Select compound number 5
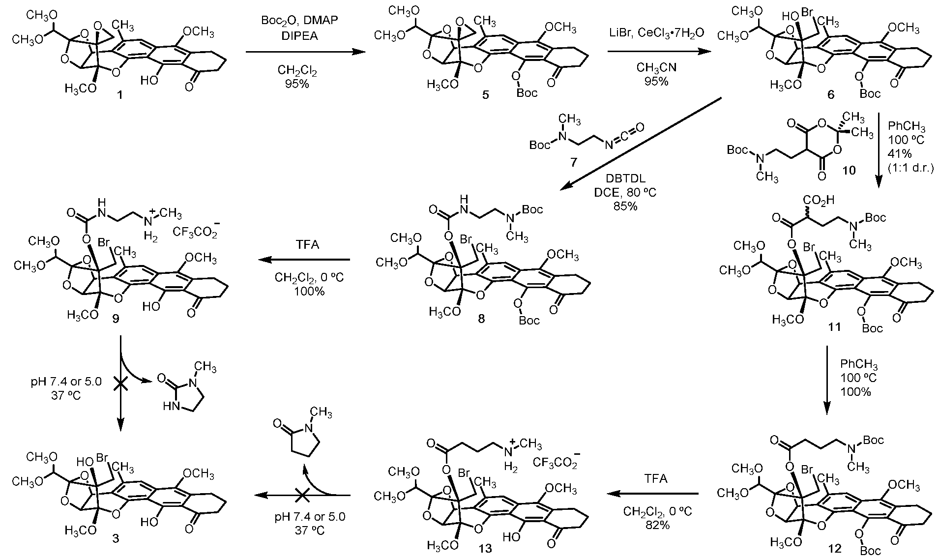[485, 94]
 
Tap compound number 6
[830, 94]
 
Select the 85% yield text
[625, 206]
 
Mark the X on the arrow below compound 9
[120, 384]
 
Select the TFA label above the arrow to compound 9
[308, 244]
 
